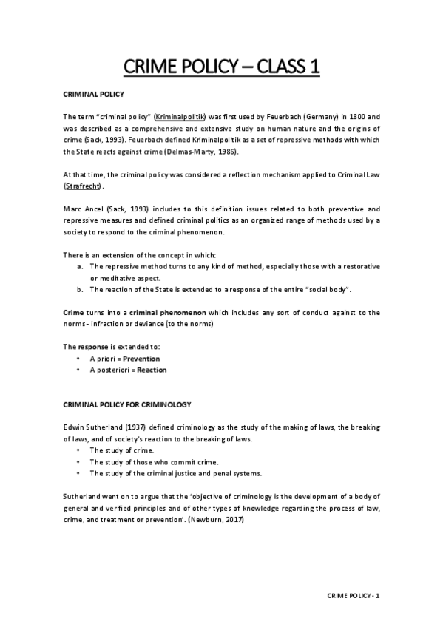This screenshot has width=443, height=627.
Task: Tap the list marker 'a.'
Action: tap(80, 265)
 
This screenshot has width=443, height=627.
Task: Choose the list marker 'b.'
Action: tap(80, 288)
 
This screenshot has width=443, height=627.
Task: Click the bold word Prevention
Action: tap(141, 359)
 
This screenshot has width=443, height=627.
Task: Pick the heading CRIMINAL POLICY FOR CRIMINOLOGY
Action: tap(127, 404)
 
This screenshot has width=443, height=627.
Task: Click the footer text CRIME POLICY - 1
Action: tap(354, 596)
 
